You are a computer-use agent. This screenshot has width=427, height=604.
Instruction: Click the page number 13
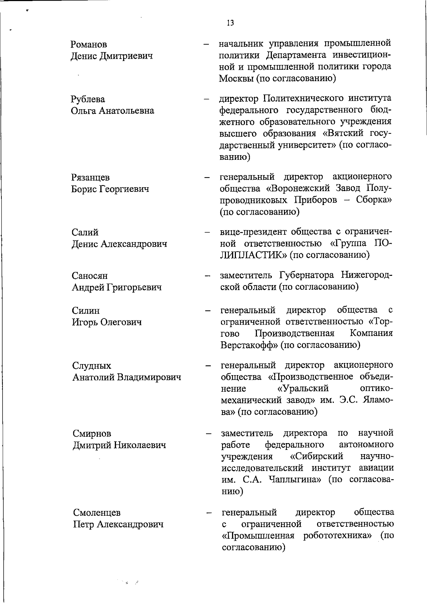click(x=230, y=23)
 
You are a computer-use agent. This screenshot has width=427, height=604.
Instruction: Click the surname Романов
click(x=89, y=44)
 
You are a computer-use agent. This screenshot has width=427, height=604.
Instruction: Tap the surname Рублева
click(x=88, y=99)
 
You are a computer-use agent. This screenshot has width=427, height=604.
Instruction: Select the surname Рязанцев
click(x=90, y=177)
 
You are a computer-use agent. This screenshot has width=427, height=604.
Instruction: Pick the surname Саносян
click(x=89, y=276)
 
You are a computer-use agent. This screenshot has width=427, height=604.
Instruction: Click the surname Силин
click(x=86, y=311)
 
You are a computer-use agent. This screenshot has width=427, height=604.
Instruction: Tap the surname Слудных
click(x=92, y=366)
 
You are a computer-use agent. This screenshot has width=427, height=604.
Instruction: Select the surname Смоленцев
click(x=97, y=513)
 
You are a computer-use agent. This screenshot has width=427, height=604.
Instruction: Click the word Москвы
click(x=236, y=78)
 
